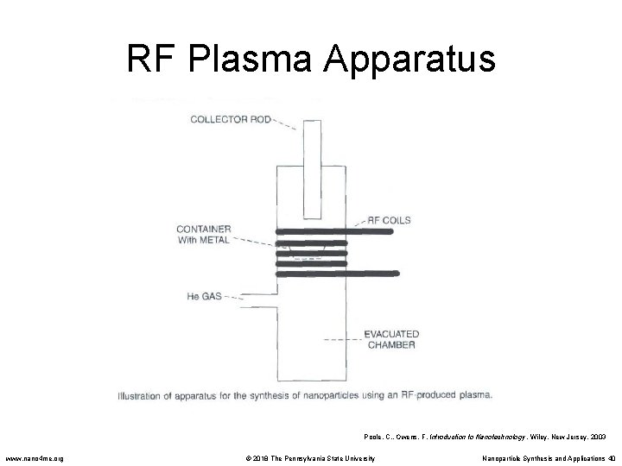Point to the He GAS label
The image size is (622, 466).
click(205, 296)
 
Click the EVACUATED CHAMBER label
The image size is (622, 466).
click(390, 339)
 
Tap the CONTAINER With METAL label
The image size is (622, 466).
click(203, 235)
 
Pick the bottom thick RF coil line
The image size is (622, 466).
click(337, 274)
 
